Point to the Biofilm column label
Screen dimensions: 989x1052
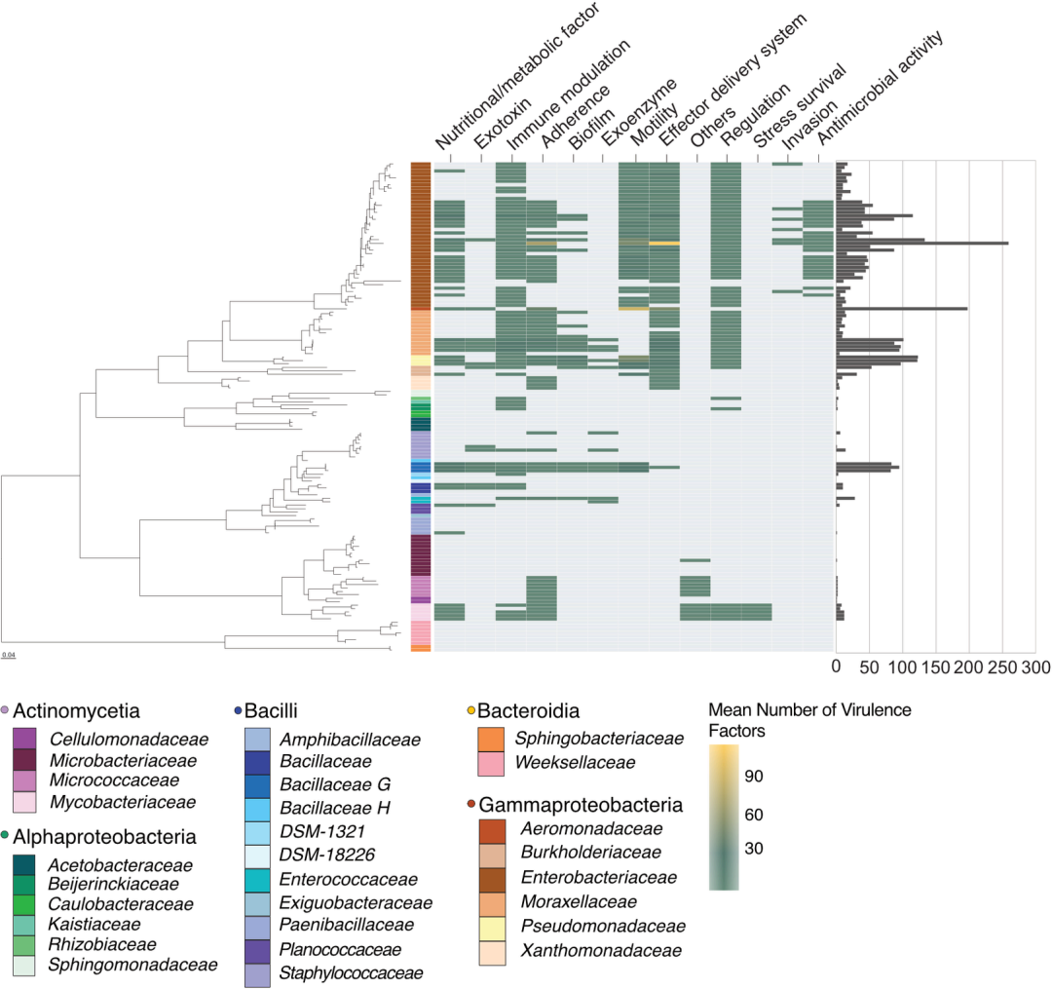[590, 125]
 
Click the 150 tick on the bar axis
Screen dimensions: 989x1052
[936, 668]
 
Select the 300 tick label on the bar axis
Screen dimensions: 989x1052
[1035, 668]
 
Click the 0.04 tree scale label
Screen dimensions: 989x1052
[9, 654]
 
